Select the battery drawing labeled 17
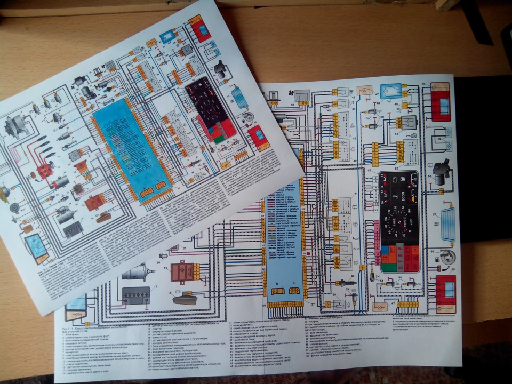click(x=137, y=295)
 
